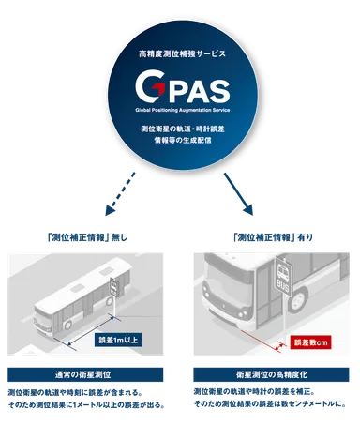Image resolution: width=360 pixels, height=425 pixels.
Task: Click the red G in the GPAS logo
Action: (149, 91)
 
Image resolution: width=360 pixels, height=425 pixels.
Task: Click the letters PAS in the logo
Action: (192, 91)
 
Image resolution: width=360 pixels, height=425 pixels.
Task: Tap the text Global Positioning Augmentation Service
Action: (179, 110)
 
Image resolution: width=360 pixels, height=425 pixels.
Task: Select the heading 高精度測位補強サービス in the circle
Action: (179, 58)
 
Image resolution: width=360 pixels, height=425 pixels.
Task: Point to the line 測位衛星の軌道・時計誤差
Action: (179, 127)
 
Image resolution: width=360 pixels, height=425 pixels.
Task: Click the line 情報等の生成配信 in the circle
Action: (179, 139)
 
